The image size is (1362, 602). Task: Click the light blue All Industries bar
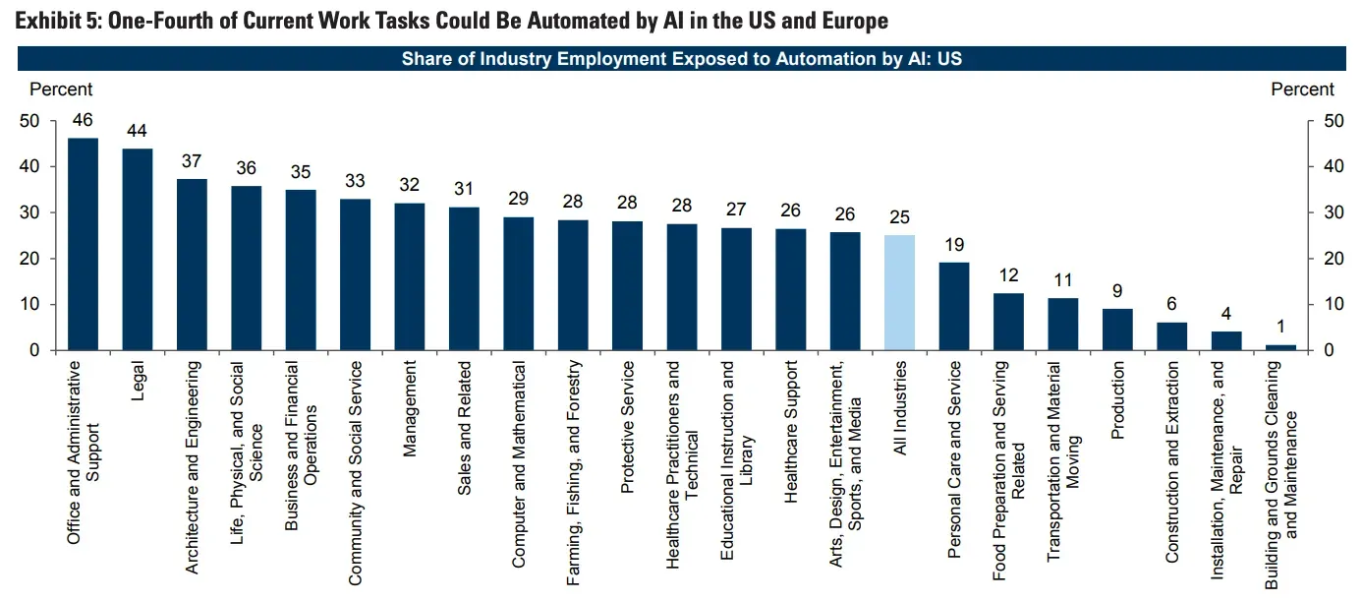[899, 292]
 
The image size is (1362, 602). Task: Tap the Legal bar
[137, 249]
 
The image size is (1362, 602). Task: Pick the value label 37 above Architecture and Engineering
[192, 160]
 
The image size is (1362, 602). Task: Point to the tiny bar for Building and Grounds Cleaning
[1280, 347]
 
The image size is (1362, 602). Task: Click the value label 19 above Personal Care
[954, 244]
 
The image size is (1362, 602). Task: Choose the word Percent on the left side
[61, 90]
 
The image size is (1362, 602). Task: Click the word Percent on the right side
[1302, 90]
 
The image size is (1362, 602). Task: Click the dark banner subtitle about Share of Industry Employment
[681, 59]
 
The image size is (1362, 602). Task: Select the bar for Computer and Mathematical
[519, 283]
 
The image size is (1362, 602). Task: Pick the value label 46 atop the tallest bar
[83, 120]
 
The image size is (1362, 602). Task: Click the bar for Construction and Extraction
[1171, 336]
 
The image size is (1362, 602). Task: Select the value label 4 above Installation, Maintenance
[1226, 314]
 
